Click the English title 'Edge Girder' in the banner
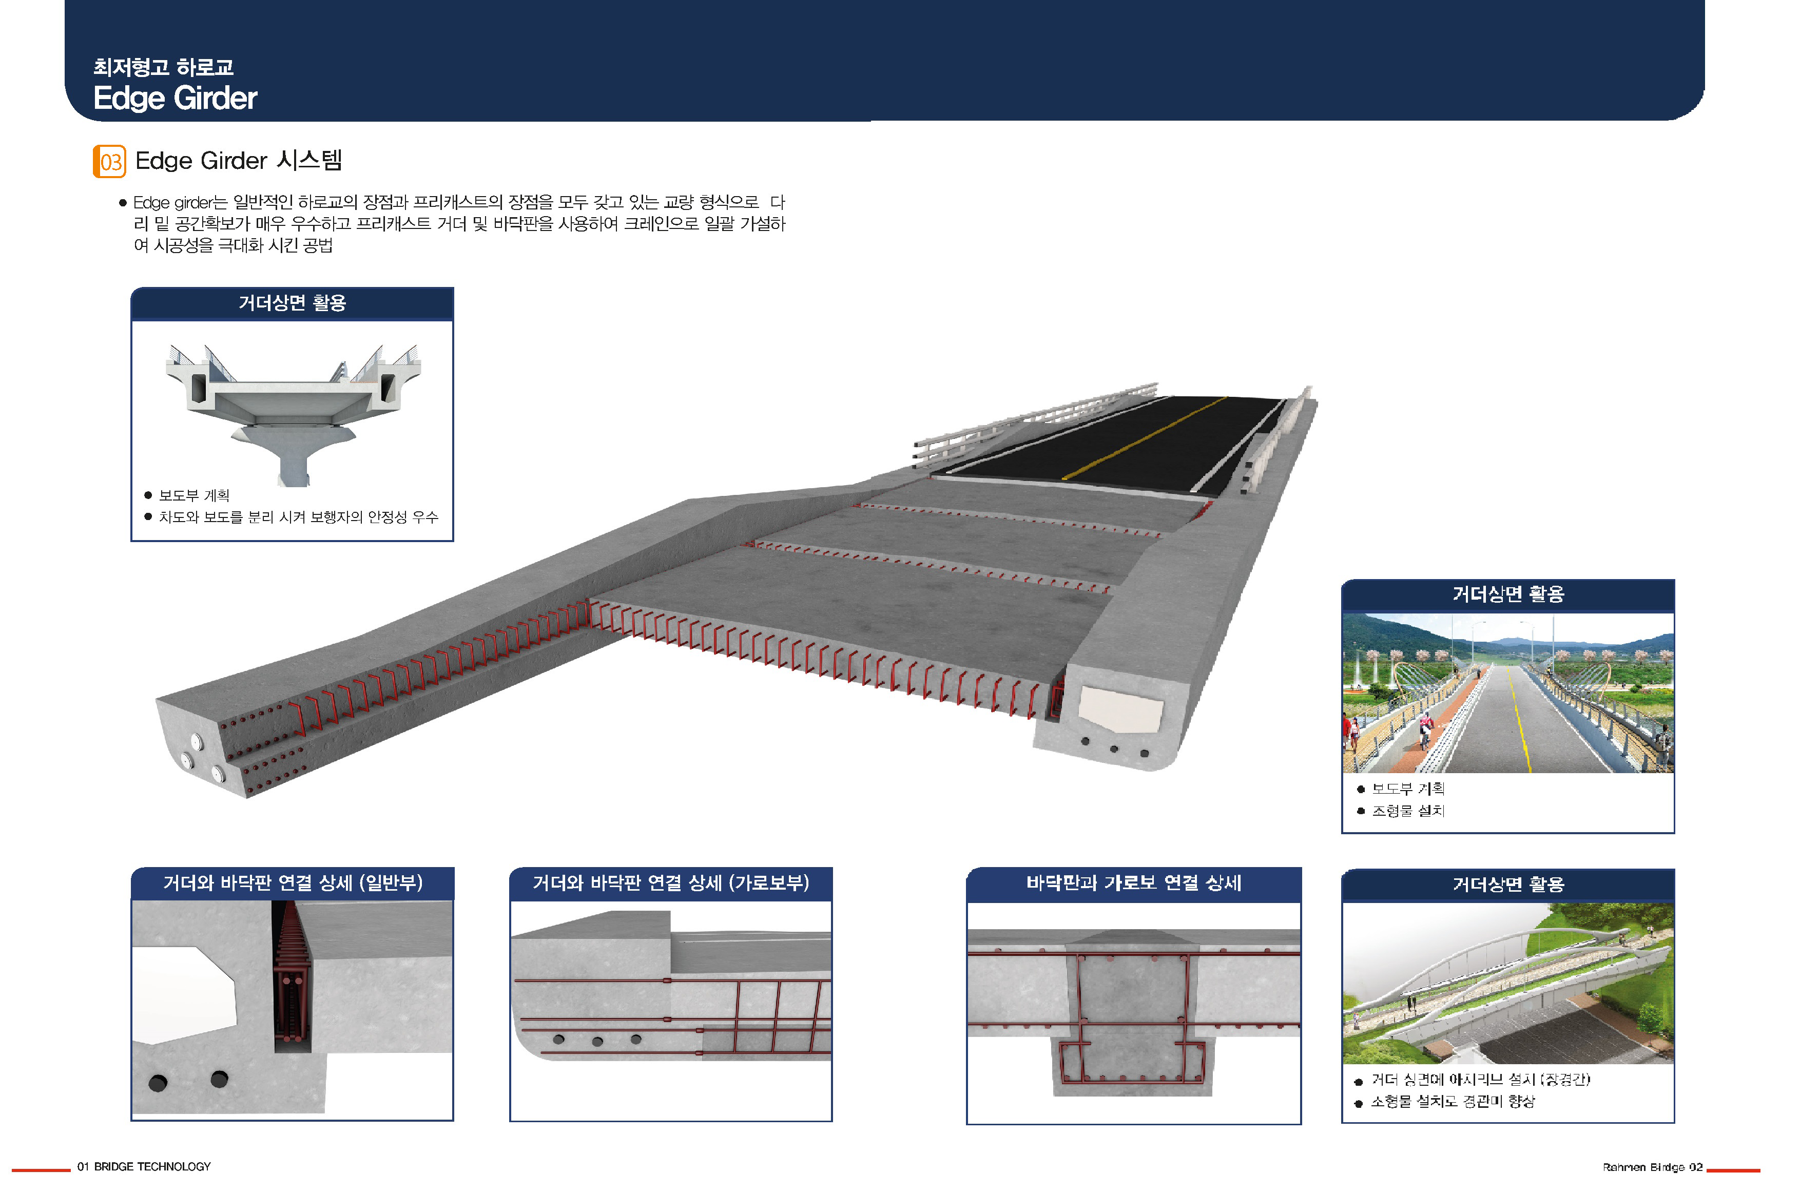click(175, 98)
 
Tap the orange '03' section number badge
click(109, 161)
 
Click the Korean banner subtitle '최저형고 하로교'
click(164, 67)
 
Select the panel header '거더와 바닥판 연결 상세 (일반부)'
click(293, 883)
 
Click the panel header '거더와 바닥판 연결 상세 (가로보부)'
click(671, 883)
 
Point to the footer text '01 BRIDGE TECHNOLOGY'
click(144, 1166)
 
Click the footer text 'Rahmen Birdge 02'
click(1652, 1167)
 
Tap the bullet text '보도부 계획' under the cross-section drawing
click(194, 495)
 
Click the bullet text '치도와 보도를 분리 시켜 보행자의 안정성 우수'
click(298, 517)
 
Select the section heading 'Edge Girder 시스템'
click(239, 161)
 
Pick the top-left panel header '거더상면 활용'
click(293, 303)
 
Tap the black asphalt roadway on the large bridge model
click(1124, 442)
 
